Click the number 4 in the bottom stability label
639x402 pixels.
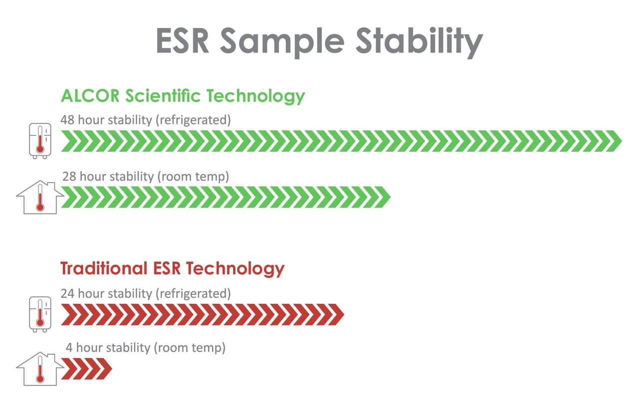pyautogui.click(x=69, y=348)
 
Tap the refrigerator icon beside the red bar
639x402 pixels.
pyautogui.click(x=39, y=314)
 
